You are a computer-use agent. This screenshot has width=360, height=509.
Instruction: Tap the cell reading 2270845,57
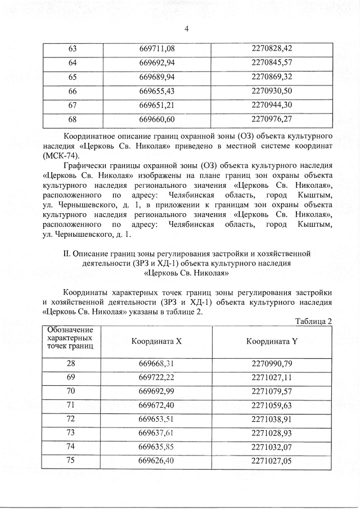click(272, 62)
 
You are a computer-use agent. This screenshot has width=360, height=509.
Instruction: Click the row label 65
click(73, 76)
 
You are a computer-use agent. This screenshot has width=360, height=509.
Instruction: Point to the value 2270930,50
click(272, 91)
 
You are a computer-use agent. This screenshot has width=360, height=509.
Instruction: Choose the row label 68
click(73, 119)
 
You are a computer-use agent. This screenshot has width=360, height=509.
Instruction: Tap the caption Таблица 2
click(313, 321)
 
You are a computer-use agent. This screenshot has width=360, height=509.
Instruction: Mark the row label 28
click(71, 363)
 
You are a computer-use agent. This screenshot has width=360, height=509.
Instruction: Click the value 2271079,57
click(272, 390)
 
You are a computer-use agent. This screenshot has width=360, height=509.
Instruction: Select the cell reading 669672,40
click(157, 404)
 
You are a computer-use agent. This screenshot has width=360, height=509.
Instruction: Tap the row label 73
click(71, 432)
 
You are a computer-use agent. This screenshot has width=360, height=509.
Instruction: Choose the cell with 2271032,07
click(272, 446)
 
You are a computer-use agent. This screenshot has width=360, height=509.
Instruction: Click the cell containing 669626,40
click(157, 460)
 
